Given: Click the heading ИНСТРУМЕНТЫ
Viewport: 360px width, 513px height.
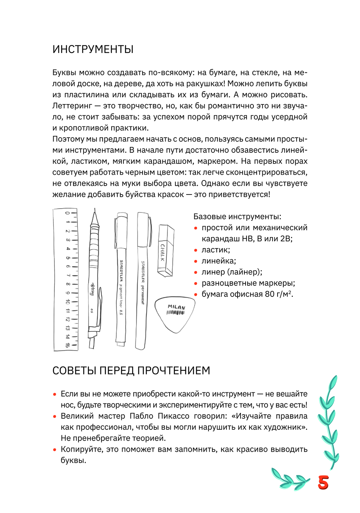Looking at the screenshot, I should point(93,49).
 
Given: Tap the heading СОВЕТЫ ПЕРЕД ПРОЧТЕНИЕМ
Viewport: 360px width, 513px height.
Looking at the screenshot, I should point(131,371).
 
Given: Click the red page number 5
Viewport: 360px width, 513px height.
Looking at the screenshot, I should point(323,482).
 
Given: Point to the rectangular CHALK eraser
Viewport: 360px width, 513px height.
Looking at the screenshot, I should point(166,251).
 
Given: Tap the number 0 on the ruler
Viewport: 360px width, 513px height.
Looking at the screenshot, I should point(67,213).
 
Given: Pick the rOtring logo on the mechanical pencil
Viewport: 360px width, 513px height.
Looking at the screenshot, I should point(93,289).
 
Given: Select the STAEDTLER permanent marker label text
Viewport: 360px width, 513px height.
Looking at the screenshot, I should point(143,282).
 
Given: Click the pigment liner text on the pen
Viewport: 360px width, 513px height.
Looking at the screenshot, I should point(121,295).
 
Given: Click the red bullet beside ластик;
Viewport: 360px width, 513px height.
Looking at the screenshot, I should point(196,250).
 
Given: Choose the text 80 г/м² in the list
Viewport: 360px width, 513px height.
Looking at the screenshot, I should point(279,294).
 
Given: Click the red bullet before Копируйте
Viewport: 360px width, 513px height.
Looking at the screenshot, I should point(55,450).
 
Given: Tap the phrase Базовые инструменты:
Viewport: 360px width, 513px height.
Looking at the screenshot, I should point(237,217).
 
